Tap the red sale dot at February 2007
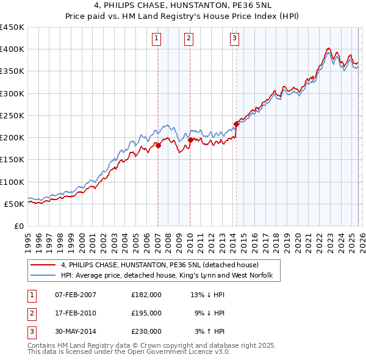(x=158, y=145)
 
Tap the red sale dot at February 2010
(x=190, y=140)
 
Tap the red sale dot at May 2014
(x=236, y=124)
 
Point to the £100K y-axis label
(x=12, y=182)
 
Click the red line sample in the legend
(x=43, y=265)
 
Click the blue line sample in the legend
(x=43, y=276)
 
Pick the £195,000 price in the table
(x=146, y=313)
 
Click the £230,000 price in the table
(x=146, y=331)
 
